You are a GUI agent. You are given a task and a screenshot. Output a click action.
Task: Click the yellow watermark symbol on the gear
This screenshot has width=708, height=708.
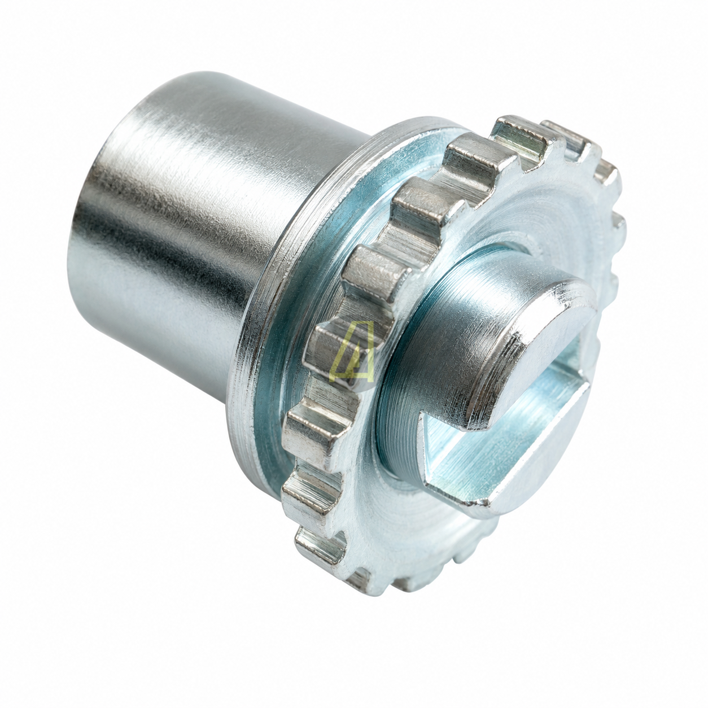(352, 351)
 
